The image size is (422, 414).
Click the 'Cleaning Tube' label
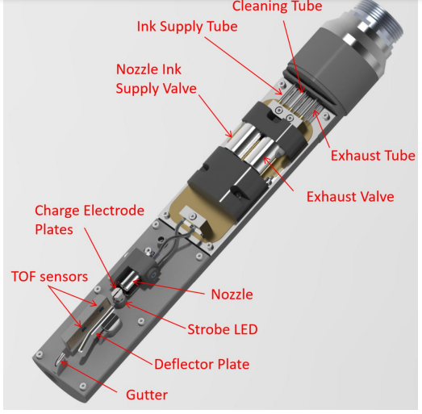click(x=277, y=6)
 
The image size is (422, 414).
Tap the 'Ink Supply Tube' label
click(x=187, y=27)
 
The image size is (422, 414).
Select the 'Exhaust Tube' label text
click(x=373, y=156)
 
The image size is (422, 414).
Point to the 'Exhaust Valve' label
click(x=350, y=197)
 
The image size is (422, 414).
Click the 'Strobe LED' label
click(x=223, y=329)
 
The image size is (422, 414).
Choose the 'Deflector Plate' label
click(x=202, y=364)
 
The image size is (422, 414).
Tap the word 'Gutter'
click(x=147, y=395)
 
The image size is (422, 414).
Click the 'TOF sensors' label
click(x=49, y=277)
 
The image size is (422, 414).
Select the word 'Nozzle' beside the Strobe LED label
click(x=232, y=295)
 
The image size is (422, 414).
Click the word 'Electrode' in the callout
click(x=114, y=211)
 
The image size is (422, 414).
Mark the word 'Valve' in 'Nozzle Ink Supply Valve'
click(x=181, y=89)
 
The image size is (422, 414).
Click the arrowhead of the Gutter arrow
click(x=63, y=363)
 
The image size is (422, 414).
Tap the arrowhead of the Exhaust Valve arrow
click(x=266, y=159)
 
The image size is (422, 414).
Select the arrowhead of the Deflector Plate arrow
click(x=98, y=335)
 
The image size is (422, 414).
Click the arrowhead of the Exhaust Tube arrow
click(x=315, y=112)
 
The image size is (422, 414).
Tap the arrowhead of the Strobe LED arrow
click(x=127, y=304)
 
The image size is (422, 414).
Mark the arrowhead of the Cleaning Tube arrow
click(x=302, y=90)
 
